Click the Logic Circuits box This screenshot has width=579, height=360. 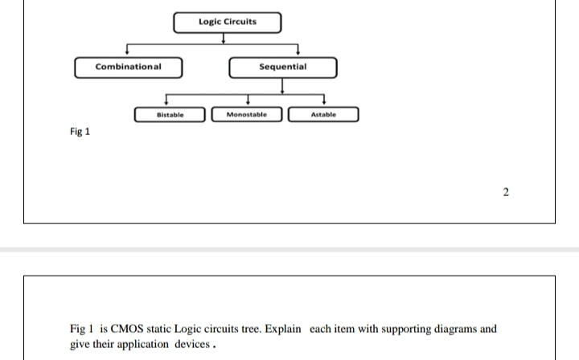(x=228, y=22)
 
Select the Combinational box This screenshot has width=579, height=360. (x=129, y=67)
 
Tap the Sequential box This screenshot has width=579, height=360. (x=282, y=67)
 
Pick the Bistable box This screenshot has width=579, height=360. (x=170, y=116)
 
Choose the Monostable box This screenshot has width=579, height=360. (x=247, y=116)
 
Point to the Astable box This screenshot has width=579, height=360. (x=322, y=116)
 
